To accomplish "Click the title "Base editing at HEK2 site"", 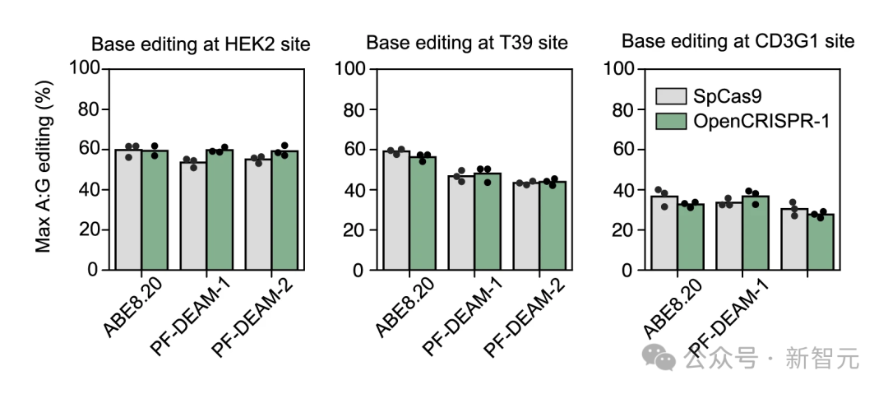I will pyautogui.click(x=200, y=44).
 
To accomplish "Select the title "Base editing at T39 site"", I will pyautogui.click(x=468, y=42).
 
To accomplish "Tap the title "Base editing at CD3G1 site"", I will pyautogui.click(x=738, y=40).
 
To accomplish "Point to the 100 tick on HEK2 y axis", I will pyautogui.click(x=85, y=69).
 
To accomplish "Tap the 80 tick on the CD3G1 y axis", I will pyautogui.click(x=627, y=109).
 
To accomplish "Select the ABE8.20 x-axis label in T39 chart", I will pyautogui.click(x=403, y=308).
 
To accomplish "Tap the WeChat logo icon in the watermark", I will pyautogui.click(x=658, y=357).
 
